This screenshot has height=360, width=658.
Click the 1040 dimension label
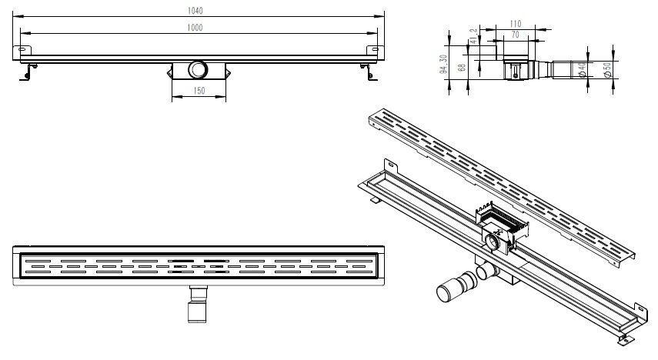tap(201, 9)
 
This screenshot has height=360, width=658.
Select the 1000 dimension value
tap(201, 28)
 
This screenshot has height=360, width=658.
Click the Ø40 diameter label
tap(593, 70)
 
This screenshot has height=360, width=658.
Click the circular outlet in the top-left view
tap(199, 70)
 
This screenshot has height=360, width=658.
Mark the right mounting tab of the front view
tap(375, 50)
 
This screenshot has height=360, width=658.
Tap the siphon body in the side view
tap(515, 68)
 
